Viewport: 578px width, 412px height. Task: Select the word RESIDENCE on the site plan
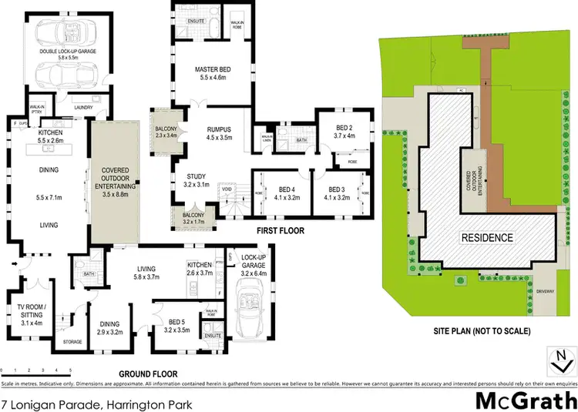pyautogui.click(x=487, y=237)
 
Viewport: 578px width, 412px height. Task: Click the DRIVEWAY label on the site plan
pyautogui.click(x=545, y=291)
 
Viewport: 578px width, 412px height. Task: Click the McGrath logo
pyautogui.click(x=526, y=400)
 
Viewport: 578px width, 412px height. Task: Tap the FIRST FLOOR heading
pyautogui.click(x=281, y=230)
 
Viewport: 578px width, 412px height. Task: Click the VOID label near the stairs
pyautogui.click(x=227, y=189)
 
